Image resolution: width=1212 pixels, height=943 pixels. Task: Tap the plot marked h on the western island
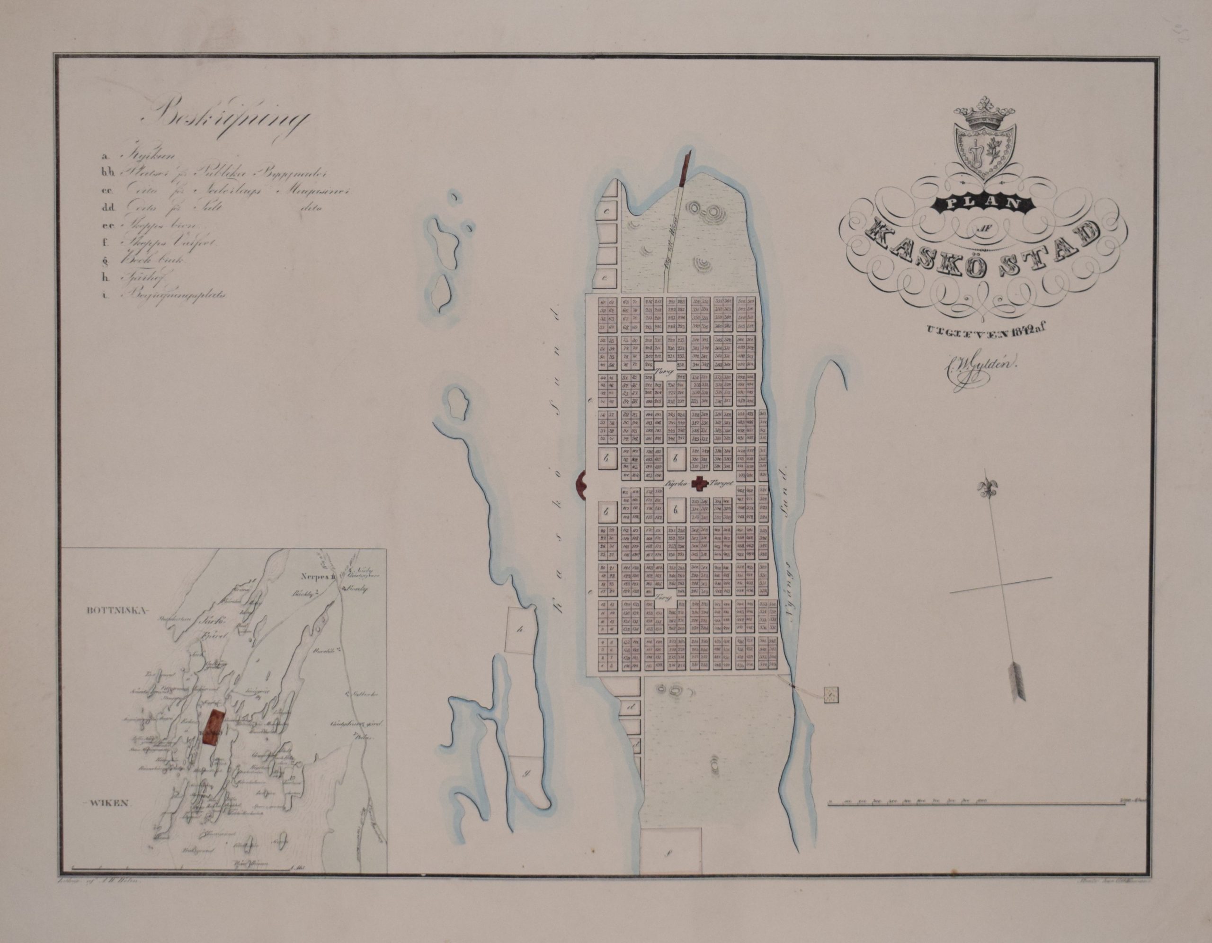[520, 631]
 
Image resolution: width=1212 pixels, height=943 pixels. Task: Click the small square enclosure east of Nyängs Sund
[831, 694]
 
